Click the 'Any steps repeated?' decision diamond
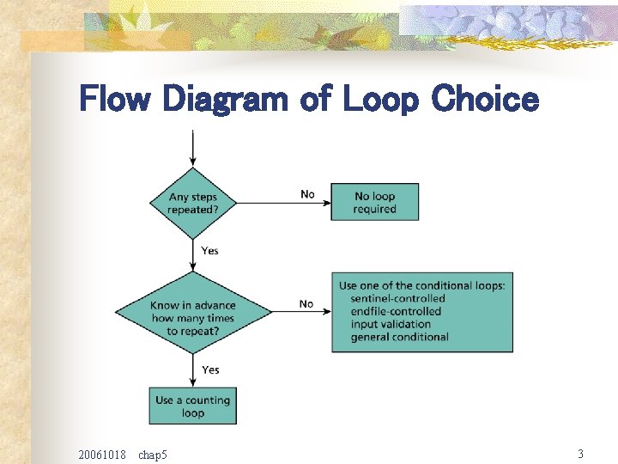click(192, 203)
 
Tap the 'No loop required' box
click(375, 202)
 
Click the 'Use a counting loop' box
click(193, 406)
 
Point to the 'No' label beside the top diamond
click(307, 194)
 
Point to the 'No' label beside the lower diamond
click(306, 304)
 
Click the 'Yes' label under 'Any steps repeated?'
click(209, 251)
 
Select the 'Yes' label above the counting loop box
click(210, 369)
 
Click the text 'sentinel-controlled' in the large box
click(397, 298)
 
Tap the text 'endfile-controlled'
click(396, 311)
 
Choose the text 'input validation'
click(391, 324)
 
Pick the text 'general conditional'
click(399, 337)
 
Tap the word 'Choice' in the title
click(484, 101)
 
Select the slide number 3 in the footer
click(580, 453)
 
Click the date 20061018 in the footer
click(101, 454)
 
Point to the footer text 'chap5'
click(153, 454)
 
